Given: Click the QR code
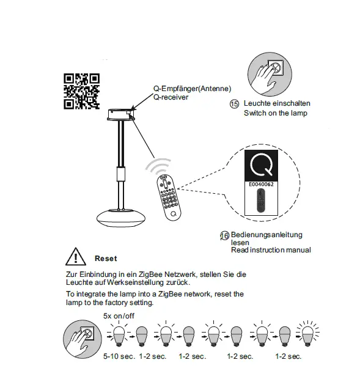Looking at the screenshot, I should pyautogui.click(x=81, y=90).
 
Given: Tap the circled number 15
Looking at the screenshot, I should pyautogui.click(x=233, y=105).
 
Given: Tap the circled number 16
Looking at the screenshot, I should pyautogui.click(x=224, y=235).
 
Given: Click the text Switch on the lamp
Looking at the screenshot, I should pyautogui.click(x=276, y=114).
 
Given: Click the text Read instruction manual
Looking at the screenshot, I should pyautogui.click(x=271, y=250).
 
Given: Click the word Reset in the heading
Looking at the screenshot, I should pyautogui.click(x=106, y=259).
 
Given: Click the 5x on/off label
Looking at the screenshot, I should pyautogui.click(x=119, y=315).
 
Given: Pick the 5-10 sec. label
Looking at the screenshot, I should pyautogui.click(x=120, y=356).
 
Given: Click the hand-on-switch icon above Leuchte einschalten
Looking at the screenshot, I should pyautogui.click(x=270, y=71).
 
